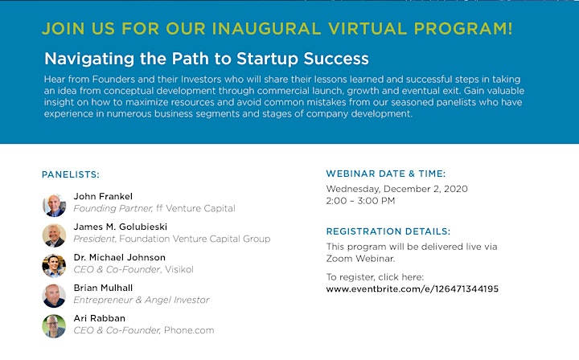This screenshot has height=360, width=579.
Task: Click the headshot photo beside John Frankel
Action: click(x=54, y=205)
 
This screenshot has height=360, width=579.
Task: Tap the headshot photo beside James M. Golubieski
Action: click(x=54, y=235)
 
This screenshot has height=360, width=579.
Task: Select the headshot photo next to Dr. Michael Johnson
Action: click(x=54, y=265)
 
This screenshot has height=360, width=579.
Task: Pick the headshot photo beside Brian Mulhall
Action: click(x=54, y=296)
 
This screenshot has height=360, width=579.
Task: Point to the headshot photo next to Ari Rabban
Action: click(x=54, y=326)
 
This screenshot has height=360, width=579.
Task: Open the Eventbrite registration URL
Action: click(x=412, y=288)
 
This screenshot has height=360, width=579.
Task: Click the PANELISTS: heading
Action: click(x=71, y=174)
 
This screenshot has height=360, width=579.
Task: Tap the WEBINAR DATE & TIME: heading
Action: click(x=386, y=174)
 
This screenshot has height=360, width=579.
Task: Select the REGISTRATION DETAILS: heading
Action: click(x=388, y=231)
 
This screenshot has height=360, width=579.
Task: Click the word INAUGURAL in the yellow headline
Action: click(x=266, y=29)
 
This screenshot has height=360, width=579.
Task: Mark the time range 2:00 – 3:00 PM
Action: click(x=360, y=201)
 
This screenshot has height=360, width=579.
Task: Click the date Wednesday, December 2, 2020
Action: click(x=397, y=189)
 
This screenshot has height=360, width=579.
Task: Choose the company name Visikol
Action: click(x=179, y=269)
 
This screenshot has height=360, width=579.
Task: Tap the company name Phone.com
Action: click(x=189, y=330)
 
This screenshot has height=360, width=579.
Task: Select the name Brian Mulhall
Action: click(x=103, y=288)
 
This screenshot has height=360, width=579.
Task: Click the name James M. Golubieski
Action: click(x=121, y=227)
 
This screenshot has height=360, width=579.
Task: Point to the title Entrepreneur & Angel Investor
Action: click(x=142, y=300)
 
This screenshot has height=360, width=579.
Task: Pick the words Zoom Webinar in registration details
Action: click(x=360, y=259)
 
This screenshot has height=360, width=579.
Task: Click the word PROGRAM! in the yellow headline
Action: click(x=463, y=29)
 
